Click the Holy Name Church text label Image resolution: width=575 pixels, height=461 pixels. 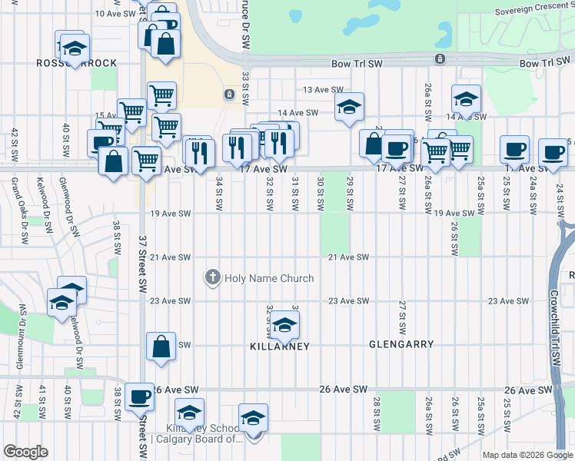point(269,278)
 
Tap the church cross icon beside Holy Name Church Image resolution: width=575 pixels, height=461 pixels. point(212,277)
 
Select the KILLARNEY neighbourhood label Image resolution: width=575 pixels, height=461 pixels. point(280,347)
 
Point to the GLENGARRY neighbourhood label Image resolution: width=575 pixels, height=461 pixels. point(401,345)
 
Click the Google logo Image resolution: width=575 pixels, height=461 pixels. point(25,452)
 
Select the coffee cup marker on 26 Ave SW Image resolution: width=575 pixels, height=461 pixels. point(139,396)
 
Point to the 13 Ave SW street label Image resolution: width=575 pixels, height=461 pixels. point(321,90)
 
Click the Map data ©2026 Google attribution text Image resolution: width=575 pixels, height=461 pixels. point(527,455)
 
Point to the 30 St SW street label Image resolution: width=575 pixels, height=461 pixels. point(321,193)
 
